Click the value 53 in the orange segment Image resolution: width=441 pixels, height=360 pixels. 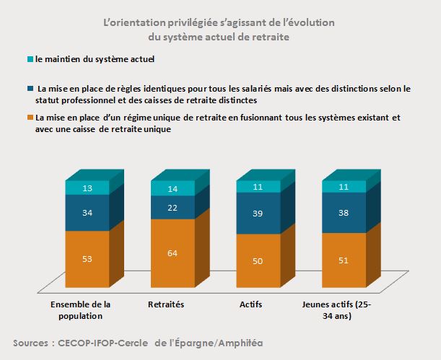[x=87, y=259]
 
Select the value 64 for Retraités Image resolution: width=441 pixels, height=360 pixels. [x=172, y=253]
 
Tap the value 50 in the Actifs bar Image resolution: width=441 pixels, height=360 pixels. [x=257, y=260]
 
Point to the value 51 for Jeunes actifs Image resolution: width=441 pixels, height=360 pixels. [x=343, y=260]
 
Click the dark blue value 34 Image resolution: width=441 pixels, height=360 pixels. [x=87, y=214]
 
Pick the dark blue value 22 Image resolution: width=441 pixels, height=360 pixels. [x=172, y=208]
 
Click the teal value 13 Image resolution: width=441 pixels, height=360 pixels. [x=87, y=188]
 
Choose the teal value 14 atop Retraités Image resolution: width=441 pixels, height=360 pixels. [x=172, y=188]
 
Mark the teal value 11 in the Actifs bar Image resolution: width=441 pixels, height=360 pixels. [x=257, y=188]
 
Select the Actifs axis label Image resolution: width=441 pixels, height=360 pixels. [x=251, y=305]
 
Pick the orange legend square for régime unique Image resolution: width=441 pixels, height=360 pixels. [x=29, y=117]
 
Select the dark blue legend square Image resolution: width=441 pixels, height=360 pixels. [x=29, y=88]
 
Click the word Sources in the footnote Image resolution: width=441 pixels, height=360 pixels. [x=36, y=343]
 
